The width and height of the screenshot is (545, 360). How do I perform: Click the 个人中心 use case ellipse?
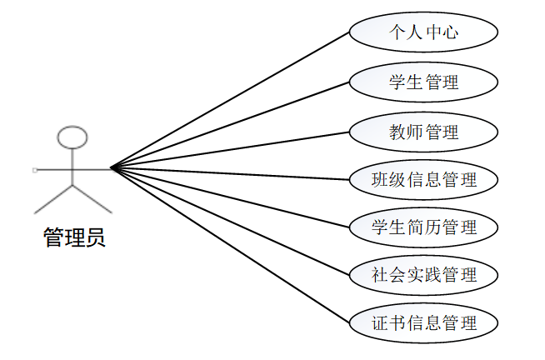point(423,33)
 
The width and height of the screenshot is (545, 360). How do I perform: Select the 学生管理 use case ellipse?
point(423,82)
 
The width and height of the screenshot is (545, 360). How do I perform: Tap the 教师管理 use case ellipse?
point(423,131)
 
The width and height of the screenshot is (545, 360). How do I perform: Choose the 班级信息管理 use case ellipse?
point(423,178)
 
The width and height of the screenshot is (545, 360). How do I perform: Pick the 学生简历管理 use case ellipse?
point(423,227)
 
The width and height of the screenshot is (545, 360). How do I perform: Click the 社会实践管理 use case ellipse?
point(423,274)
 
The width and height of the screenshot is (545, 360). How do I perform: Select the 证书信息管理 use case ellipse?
point(423,322)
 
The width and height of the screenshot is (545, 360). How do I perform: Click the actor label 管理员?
point(74,239)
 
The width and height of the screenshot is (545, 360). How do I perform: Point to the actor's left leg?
point(53,197)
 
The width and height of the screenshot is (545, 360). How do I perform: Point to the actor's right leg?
point(92,197)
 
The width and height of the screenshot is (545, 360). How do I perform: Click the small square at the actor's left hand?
point(35,169)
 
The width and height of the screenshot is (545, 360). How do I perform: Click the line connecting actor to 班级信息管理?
point(229,173)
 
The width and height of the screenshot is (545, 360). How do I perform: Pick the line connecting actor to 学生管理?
point(229,125)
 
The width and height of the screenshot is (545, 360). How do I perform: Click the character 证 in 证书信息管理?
point(382,322)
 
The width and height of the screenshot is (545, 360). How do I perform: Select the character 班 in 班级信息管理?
point(382,178)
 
